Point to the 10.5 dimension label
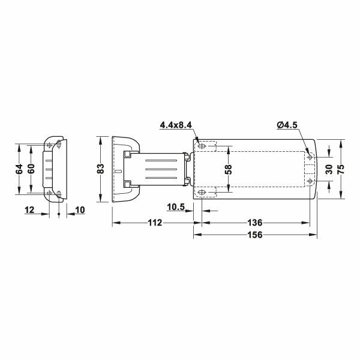point(176,207)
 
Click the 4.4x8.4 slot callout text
point(175,125)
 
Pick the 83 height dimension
point(101,169)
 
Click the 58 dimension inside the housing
point(228,169)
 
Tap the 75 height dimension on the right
point(341,169)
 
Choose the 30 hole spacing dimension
point(328,169)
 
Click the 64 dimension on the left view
point(19,169)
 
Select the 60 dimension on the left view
point(31,169)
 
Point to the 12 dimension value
point(29,209)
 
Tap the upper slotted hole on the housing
point(203,146)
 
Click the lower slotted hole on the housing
point(203,192)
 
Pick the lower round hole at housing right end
point(310,181)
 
